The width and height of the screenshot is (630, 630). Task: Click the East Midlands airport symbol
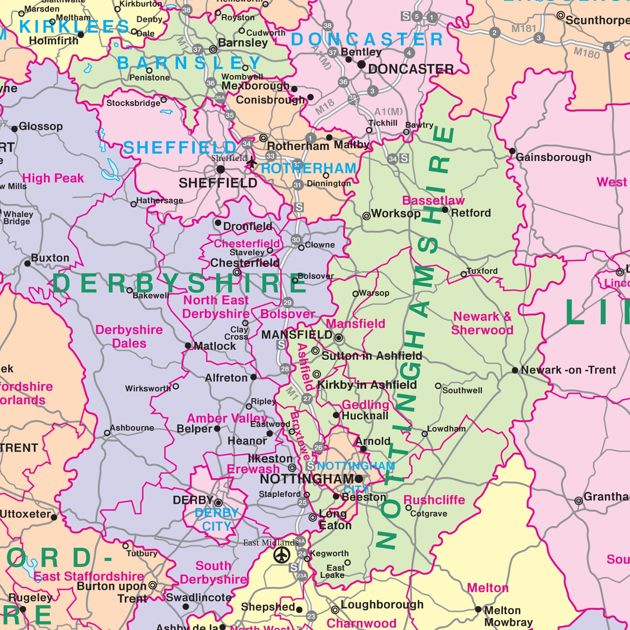tap(282, 555)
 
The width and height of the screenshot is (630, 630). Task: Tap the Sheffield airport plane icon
tap(251, 162)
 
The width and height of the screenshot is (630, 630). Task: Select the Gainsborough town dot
tap(512, 151)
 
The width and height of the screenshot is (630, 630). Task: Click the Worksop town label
tap(396, 213)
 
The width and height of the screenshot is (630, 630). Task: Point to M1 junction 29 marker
tap(287, 303)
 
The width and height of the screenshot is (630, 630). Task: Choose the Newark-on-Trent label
tap(568, 370)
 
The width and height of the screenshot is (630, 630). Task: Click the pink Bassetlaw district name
tap(433, 200)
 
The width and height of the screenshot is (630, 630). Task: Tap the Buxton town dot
tap(28, 264)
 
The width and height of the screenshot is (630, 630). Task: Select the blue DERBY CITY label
tap(217, 520)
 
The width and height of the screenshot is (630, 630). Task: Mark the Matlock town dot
tap(188, 346)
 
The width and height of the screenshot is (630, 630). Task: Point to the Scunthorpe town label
tap(597, 20)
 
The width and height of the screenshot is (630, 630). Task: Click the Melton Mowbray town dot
tap(478, 609)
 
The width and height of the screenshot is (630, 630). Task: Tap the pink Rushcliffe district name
tap(434, 500)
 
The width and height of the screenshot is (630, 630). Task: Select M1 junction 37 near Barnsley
tap(197, 50)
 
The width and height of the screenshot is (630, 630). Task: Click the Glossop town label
tap(41, 126)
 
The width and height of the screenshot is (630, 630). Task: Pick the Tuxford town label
tap(482, 271)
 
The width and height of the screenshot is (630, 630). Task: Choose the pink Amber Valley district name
tap(227, 418)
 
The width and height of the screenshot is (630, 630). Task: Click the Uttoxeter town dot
tap(54, 517)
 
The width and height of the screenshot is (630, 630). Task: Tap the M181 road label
tap(523, 29)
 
